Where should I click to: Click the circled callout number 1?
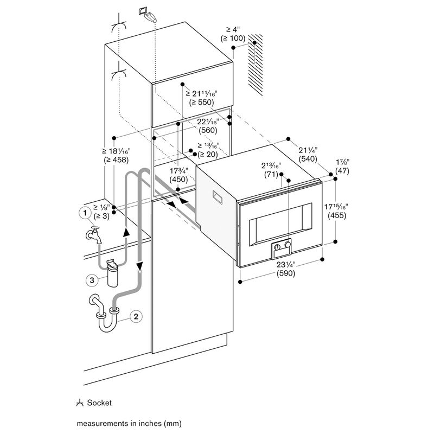pyautogui.click(x=85, y=213)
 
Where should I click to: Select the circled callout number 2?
pyautogui.click(x=136, y=316)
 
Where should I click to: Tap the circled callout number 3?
pyautogui.click(x=92, y=280)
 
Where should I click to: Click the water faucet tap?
pyautogui.click(x=93, y=235)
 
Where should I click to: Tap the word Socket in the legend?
pyautogui.click(x=99, y=403)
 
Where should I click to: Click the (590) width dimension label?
pyautogui.click(x=286, y=273)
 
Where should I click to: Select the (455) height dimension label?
pyautogui.click(x=337, y=215)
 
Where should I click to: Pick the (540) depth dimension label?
pyautogui.click(x=308, y=159)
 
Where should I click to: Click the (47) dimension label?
pyautogui.click(x=342, y=171)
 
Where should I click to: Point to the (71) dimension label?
pyautogui.click(x=271, y=175)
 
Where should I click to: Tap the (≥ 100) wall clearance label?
pyautogui.click(x=233, y=38)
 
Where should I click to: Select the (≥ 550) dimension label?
pyautogui.click(x=201, y=103)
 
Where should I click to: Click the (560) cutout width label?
pyautogui.click(x=208, y=130)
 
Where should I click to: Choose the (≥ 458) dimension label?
pyautogui.click(x=116, y=160)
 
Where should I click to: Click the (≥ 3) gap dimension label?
pyautogui.click(x=101, y=216)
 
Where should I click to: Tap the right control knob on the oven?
pyautogui.click(x=288, y=245)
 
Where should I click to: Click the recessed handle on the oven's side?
pyautogui.click(x=218, y=197)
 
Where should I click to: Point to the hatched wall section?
pyautogui.click(x=255, y=65)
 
